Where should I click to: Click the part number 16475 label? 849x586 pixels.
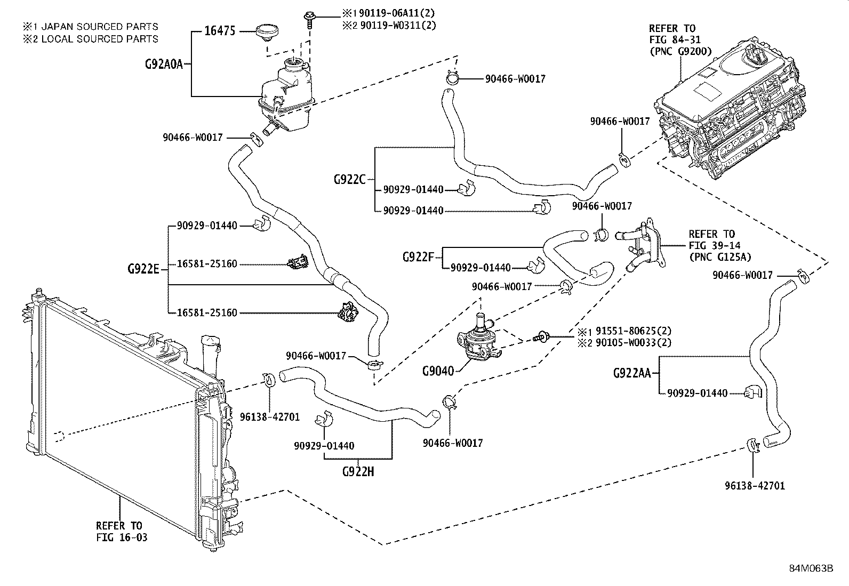[220, 31]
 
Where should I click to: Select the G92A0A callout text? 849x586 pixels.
[164, 64]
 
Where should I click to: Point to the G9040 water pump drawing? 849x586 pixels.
[477, 341]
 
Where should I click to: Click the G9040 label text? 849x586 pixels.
[437, 371]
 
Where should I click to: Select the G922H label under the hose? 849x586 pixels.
[358, 471]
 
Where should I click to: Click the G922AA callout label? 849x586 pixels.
[632, 373]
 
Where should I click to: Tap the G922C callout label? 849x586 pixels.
[350, 179]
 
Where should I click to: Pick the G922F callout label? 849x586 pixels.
[419, 257]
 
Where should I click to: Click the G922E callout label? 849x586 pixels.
[143, 268]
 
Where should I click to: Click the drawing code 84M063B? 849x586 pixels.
[811, 568]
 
